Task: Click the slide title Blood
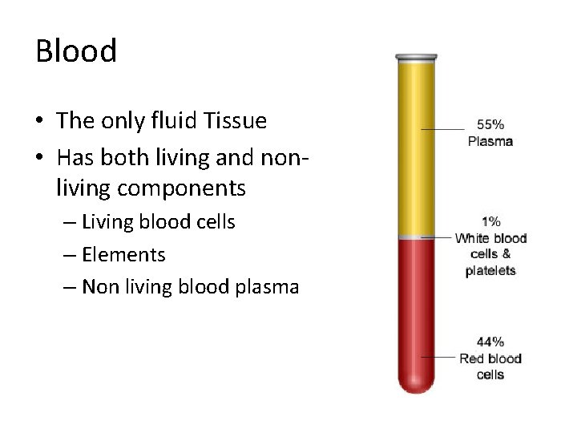coord(76,51)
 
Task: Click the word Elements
coord(123,255)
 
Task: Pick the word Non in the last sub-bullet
coord(100,287)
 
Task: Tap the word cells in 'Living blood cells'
coord(212,222)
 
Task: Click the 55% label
coord(490,124)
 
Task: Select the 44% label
coord(490,342)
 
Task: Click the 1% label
coord(490,221)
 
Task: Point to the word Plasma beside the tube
coord(490,141)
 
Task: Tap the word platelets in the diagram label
coord(490,271)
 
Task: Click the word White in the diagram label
coord(473,238)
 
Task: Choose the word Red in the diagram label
coord(471,358)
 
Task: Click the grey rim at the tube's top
coord(417,58)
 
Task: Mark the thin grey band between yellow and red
coord(417,237)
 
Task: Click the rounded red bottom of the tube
coord(417,383)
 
